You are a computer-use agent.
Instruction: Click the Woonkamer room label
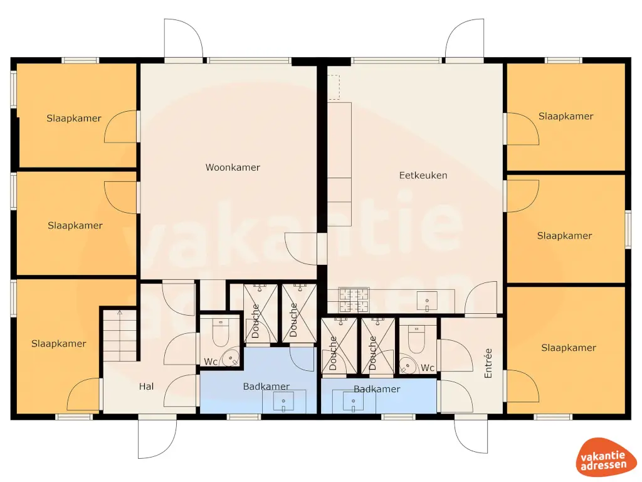tap(233, 168)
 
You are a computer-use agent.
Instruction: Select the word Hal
tap(146, 387)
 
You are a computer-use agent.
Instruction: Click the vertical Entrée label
tap(489, 363)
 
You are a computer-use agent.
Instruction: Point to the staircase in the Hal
tap(119, 335)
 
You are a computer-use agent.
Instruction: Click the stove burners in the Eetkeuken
tap(355, 299)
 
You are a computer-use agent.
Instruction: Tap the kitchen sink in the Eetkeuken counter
tap(428, 300)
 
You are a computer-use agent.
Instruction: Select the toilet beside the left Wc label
tap(221, 333)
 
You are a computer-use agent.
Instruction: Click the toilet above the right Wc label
tap(416, 339)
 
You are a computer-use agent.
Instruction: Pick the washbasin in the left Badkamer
tap(284, 402)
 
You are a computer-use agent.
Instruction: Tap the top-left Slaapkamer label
tap(73, 118)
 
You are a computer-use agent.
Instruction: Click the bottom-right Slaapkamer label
tap(568, 348)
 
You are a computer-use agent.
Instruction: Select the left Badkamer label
tap(266, 387)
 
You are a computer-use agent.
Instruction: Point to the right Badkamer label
tap(376, 389)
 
